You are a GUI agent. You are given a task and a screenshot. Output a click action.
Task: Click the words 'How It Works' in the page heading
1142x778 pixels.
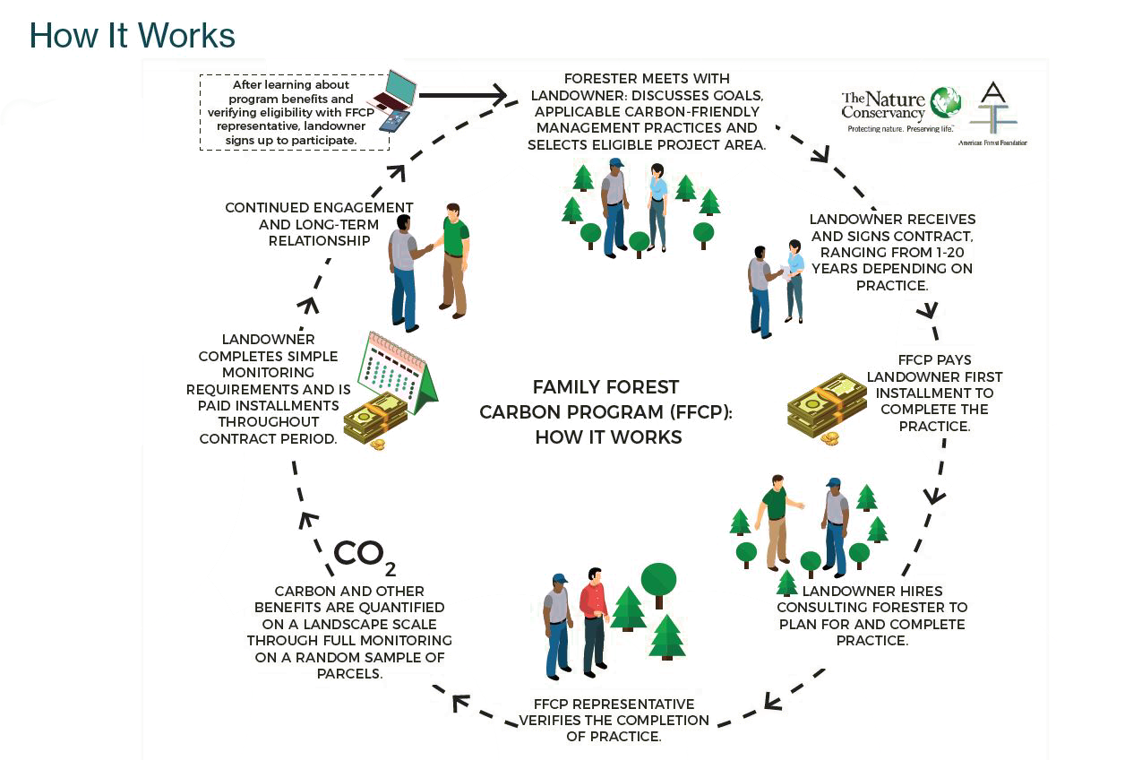[x=132, y=35]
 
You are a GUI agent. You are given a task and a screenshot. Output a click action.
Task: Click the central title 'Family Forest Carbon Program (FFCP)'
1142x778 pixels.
[x=607, y=411]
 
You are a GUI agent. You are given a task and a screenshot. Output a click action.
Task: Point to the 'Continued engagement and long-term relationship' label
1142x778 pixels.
[x=319, y=223]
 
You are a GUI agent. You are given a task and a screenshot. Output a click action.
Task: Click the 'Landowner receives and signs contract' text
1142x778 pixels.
[x=891, y=252]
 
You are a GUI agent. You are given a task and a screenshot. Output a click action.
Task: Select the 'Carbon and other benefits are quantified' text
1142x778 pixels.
[x=349, y=632]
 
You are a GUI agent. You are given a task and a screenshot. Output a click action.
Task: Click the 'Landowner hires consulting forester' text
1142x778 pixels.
[x=873, y=615]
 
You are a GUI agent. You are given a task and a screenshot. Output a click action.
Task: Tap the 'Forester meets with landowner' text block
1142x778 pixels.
[x=646, y=112]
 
